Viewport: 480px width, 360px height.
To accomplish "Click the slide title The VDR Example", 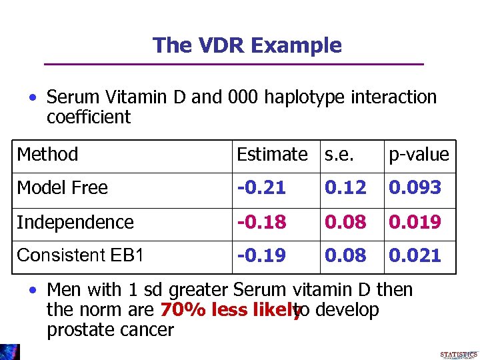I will pyautogui.click(x=247, y=45).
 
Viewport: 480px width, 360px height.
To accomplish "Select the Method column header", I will pyautogui.click(x=47, y=155).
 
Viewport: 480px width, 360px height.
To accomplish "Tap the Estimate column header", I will pyautogui.click(x=272, y=155).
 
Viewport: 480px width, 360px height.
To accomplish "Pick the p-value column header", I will pyautogui.click(x=419, y=155).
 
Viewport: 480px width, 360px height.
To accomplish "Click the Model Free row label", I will pyautogui.click(x=62, y=188).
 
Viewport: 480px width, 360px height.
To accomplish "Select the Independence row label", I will pyautogui.click(x=75, y=222).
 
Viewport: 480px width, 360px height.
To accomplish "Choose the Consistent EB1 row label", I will pyautogui.click(x=80, y=255).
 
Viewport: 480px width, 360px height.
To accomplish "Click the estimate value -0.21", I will pyautogui.click(x=261, y=188).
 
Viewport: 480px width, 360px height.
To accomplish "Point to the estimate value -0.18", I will pyautogui.click(x=261, y=222).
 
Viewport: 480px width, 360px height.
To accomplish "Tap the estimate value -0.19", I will pyautogui.click(x=261, y=255).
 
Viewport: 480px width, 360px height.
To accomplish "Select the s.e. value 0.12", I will pyautogui.click(x=345, y=188).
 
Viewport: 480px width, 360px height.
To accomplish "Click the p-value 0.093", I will pyautogui.click(x=415, y=188).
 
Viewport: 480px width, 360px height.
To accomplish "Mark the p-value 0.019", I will pyautogui.click(x=415, y=222).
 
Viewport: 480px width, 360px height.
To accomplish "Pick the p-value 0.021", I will pyautogui.click(x=415, y=255).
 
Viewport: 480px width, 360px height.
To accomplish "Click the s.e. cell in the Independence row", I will pyautogui.click(x=345, y=222).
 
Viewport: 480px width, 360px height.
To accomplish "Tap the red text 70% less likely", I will pyautogui.click(x=231, y=310).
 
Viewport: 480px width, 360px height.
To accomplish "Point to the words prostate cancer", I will pyautogui.click(x=110, y=329).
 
